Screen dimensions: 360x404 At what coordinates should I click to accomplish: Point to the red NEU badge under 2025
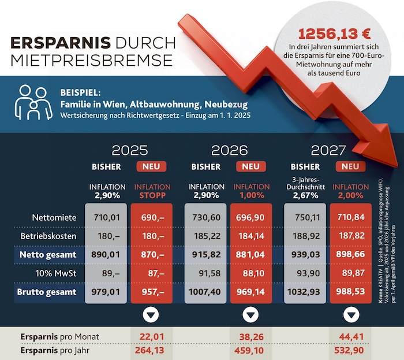[151, 167]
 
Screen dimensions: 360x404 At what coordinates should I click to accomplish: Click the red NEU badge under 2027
[350, 167]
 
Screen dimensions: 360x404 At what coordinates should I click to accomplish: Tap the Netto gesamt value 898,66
[350, 254]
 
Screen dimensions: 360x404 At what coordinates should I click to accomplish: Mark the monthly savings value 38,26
[250, 337]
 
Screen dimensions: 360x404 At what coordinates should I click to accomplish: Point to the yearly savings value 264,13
[151, 350]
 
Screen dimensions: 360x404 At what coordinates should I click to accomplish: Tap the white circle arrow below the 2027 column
[350, 316]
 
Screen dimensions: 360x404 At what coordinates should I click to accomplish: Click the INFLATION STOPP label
[152, 191]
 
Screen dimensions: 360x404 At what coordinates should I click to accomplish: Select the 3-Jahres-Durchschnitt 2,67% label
[305, 187]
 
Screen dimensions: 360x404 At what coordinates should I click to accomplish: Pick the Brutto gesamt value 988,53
[350, 292]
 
